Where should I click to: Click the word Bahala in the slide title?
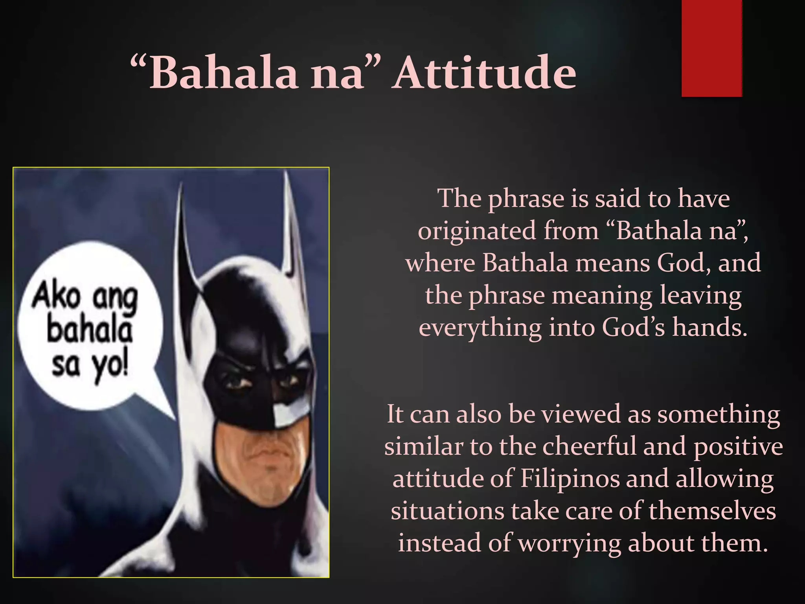[x=223, y=73]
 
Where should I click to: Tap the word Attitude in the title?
[x=485, y=73]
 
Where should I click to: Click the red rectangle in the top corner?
[x=711, y=48]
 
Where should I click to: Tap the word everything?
[x=480, y=328]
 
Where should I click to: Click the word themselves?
[x=712, y=511]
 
